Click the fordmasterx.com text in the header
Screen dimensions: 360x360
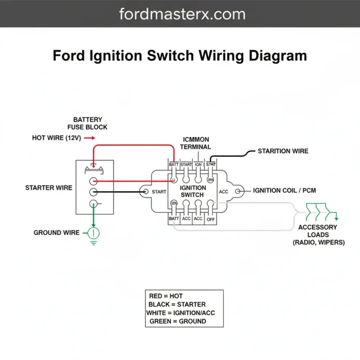click(182, 14)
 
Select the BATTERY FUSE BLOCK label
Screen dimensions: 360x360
click(87, 123)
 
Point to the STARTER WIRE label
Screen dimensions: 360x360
click(49, 188)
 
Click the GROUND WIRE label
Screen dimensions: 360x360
click(54, 232)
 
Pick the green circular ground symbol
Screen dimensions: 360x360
click(94, 232)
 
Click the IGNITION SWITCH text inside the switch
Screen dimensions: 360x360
click(192, 191)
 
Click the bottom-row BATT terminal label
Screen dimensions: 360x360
click(174, 219)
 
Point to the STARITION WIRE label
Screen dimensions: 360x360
click(283, 151)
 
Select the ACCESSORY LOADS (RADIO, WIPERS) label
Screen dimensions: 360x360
click(318, 235)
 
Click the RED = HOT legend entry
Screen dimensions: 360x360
click(166, 296)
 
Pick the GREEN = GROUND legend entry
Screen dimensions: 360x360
click(178, 322)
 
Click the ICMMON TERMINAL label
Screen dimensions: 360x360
click(196, 143)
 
